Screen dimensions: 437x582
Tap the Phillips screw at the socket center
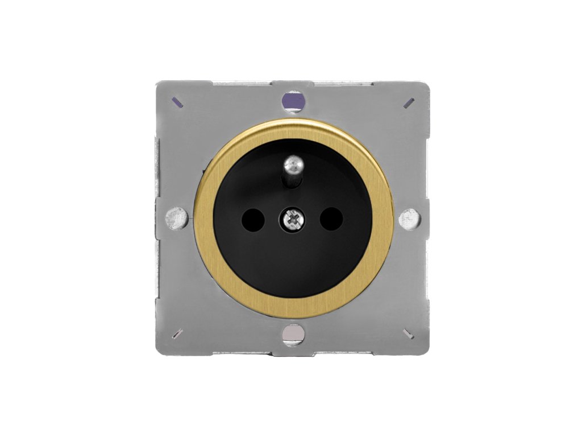click(x=293, y=218)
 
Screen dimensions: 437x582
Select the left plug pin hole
click(x=253, y=218)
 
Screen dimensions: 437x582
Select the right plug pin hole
click(x=332, y=218)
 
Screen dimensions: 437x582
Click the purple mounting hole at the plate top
click(x=293, y=102)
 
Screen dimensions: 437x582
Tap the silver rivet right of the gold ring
click(x=409, y=218)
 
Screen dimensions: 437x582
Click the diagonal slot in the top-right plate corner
click(x=409, y=103)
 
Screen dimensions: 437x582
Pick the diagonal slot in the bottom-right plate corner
click(x=409, y=333)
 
